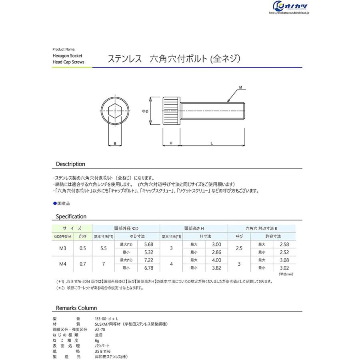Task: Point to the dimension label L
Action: [x=212, y=143]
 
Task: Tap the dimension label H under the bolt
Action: [x=171, y=143]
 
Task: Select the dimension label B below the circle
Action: [x=115, y=143]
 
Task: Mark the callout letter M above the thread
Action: [x=240, y=87]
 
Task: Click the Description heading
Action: [x=70, y=164]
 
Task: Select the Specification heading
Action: [x=71, y=216]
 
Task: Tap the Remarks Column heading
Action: [x=76, y=308]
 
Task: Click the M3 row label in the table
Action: [x=63, y=248]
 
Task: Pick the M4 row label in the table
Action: [x=63, y=264]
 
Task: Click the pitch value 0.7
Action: [x=83, y=264]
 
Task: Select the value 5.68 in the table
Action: [x=148, y=244]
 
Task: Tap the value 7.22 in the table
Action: [x=148, y=260]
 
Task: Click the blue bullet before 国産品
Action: [x=55, y=203]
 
